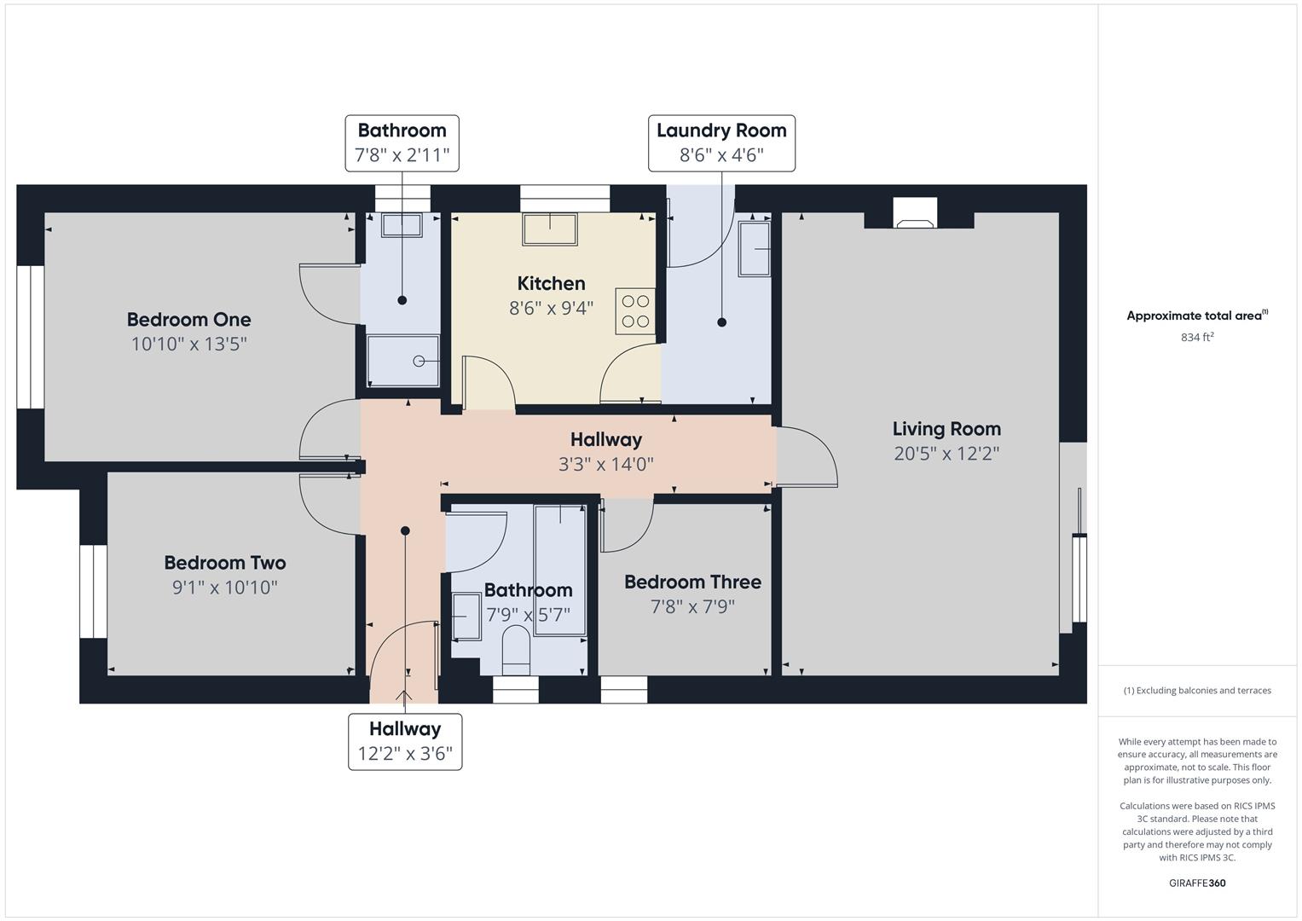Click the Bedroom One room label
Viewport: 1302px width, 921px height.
pos(188,320)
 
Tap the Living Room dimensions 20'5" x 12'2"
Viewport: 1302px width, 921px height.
pos(946,454)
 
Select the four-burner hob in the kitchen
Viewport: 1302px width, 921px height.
pos(635,311)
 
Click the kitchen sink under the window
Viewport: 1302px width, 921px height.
pos(549,229)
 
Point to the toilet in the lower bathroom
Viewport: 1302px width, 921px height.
pos(517,650)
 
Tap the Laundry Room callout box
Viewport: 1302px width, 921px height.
pos(721,143)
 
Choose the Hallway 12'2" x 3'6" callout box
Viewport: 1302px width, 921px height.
pos(405,742)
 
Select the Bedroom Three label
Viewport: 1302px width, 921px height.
pos(692,582)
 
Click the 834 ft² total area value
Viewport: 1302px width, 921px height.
pos(1196,338)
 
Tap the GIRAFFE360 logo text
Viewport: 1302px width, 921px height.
pos(1196,883)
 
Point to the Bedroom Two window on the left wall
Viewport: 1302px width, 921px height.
pos(93,591)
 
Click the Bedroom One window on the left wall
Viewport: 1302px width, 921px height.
pos(31,337)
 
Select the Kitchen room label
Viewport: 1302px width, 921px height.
pos(551,284)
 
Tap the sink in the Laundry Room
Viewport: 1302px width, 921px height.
pos(754,249)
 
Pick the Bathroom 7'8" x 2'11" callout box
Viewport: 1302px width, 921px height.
pos(402,143)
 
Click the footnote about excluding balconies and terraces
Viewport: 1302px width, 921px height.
pos(1196,691)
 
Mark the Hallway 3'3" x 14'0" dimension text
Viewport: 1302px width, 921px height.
pos(605,465)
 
